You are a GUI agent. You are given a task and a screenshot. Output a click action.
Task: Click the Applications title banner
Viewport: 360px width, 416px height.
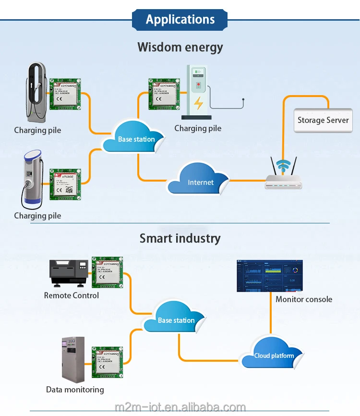click(180, 20)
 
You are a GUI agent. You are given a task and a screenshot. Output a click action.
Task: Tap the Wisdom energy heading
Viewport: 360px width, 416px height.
click(180, 47)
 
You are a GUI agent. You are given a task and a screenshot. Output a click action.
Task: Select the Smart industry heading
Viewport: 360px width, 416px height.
click(180, 238)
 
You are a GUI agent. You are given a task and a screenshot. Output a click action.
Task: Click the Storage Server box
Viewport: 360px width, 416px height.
click(323, 120)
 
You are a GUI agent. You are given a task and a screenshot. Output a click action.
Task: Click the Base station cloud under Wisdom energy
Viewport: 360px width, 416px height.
click(136, 138)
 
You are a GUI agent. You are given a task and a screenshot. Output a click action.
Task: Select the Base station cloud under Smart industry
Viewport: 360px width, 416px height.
click(176, 318)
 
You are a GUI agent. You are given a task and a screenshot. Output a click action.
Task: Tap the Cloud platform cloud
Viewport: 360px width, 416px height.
click(274, 355)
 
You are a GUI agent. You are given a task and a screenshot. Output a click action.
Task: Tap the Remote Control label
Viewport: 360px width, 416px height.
click(72, 295)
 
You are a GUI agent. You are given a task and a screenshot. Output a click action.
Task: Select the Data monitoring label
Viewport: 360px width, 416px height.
click(75, 390)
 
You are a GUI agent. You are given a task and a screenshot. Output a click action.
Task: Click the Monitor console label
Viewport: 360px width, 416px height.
click(304, 299)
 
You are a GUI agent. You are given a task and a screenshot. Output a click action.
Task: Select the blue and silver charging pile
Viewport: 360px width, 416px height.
click(32, 180)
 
